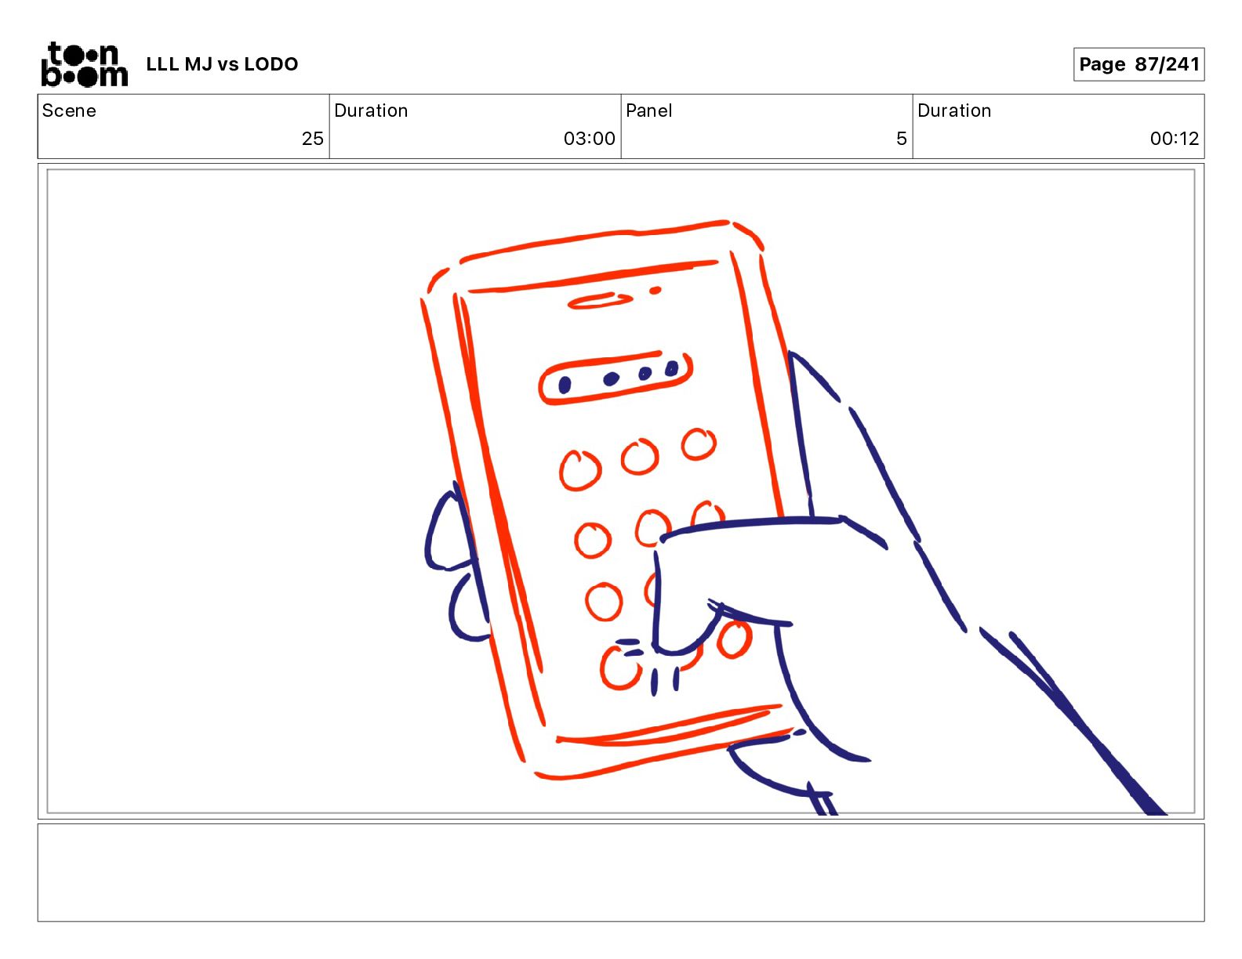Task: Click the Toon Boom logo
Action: point(85,64)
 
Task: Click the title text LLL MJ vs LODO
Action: point(222,64)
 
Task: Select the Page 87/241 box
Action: point(1138,64)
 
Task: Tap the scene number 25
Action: point(312,138)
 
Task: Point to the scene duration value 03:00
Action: point(589,138)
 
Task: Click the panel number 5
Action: point(902,138)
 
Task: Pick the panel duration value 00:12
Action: point(1174,138)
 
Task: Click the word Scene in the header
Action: point(69,110)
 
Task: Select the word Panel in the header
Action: point(648,110)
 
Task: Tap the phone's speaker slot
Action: point(599,301)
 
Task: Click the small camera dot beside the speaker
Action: point(655,291)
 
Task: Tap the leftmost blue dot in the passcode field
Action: point(564,385)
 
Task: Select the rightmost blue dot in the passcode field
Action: point(672,368)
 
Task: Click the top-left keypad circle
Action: point(580,470)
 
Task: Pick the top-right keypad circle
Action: point(699,443)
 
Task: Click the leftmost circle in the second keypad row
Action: point(593,540)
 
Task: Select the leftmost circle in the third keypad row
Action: point(604,602)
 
